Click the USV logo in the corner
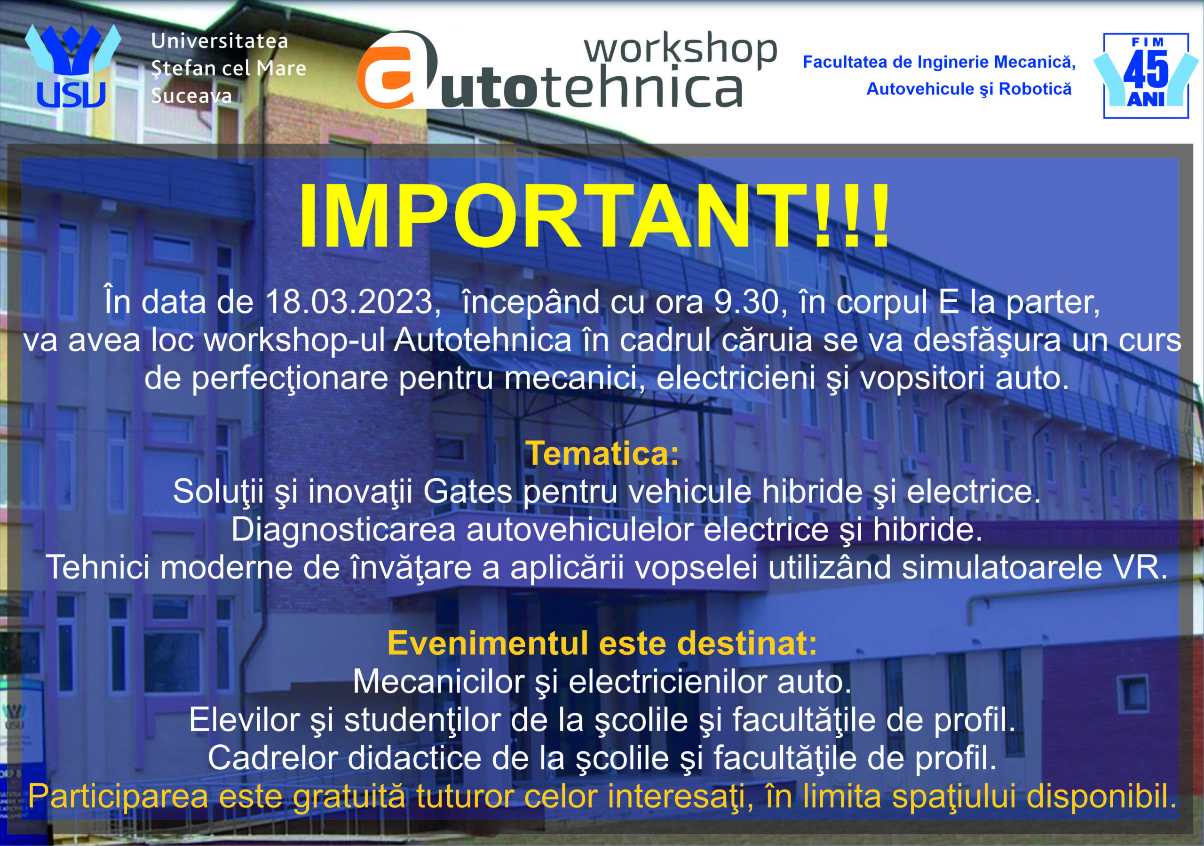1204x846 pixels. point(72,65)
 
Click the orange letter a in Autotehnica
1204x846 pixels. point(397,70)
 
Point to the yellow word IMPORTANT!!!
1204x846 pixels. point(594,216)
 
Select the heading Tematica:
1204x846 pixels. point(602,452)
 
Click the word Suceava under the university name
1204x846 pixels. point(191,96)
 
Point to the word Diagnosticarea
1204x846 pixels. point(343,531)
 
